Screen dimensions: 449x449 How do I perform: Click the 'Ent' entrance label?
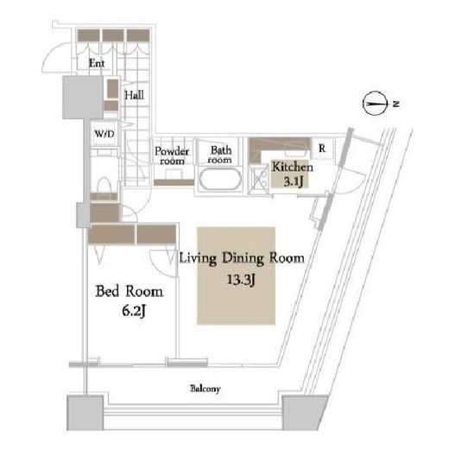coord(97,63)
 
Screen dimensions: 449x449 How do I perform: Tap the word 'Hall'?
coord(134,95)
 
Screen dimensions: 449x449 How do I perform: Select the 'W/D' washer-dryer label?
coord(104,134)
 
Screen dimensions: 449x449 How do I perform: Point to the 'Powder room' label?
coord(172,155)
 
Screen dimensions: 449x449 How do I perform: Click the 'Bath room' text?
coord(220,155)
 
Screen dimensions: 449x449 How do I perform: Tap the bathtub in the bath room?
coord(220,179)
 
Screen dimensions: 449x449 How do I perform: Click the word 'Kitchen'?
coord(293,167)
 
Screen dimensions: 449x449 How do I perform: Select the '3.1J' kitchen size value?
coord(294,181)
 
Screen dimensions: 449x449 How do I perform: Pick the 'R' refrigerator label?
coord(322,149)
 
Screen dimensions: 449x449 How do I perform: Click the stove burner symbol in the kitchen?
coord(259,180)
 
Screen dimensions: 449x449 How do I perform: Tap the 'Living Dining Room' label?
coord(242,258)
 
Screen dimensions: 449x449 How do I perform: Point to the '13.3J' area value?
coord(241,280)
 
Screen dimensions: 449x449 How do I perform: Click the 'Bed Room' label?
coord(130,291)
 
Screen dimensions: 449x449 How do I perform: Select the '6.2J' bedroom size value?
coord(133,311)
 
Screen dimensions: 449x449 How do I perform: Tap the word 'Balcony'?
coord(206,389)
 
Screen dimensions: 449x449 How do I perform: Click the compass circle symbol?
coord(375,104)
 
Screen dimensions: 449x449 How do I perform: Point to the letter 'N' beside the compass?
coord(396,104)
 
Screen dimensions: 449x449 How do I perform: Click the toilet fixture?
coord(104,187)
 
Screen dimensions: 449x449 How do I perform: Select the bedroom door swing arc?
coord(157,266)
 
